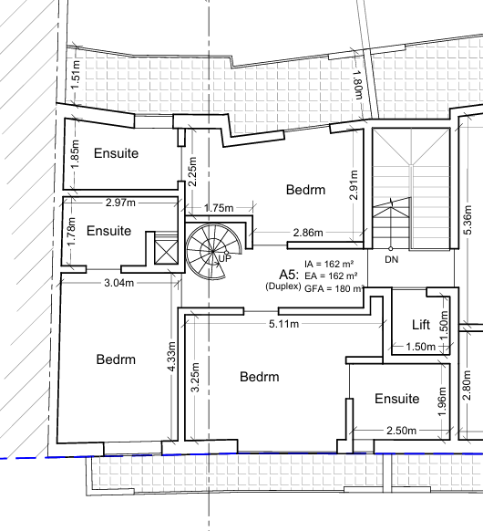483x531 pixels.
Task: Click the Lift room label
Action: pyautogui.click(x=421, y=325)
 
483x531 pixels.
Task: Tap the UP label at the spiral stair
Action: pyautogui.click(x=224, y=259)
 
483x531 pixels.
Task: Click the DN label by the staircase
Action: pyautogui.click(x=392, y=259)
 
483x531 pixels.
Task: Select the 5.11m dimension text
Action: pyautogui.click(x=284, y=324)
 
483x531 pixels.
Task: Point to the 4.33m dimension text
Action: pyautogui.click(x=172, y=356)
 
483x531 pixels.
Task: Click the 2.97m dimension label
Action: pyautogui.click(x=120, y=203)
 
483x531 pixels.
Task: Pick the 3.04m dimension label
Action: pyautogui.click(x=119, y=283)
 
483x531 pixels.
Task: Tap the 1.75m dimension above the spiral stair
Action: pyautogui.click(x=219, y=208)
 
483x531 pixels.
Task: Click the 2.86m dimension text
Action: pyautogui.click(x=308, y=233)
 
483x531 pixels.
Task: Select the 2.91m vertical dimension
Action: pyautogui.click(x=354, y=185)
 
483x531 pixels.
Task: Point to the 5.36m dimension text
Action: pyautogui.click(x=468, y=220)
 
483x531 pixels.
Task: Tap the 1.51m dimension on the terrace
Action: pyautogui.click(x=76, y=75)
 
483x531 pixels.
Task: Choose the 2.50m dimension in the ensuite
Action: pyautogui.click(x=402, y=431)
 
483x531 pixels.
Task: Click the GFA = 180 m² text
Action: pyautogui.click(x=334, y=288)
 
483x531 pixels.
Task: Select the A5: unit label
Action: pyautogui.click(x=289, y=274)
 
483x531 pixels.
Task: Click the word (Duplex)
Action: pyautogui.click(x=283, y=286)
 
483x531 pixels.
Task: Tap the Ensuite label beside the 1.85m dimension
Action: pyautogui.click(x=116, y=153)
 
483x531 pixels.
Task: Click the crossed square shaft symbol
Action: pyautogui.click(x=166, y=252)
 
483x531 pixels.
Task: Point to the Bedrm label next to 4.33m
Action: pyautogui.click(x=116, y=359)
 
